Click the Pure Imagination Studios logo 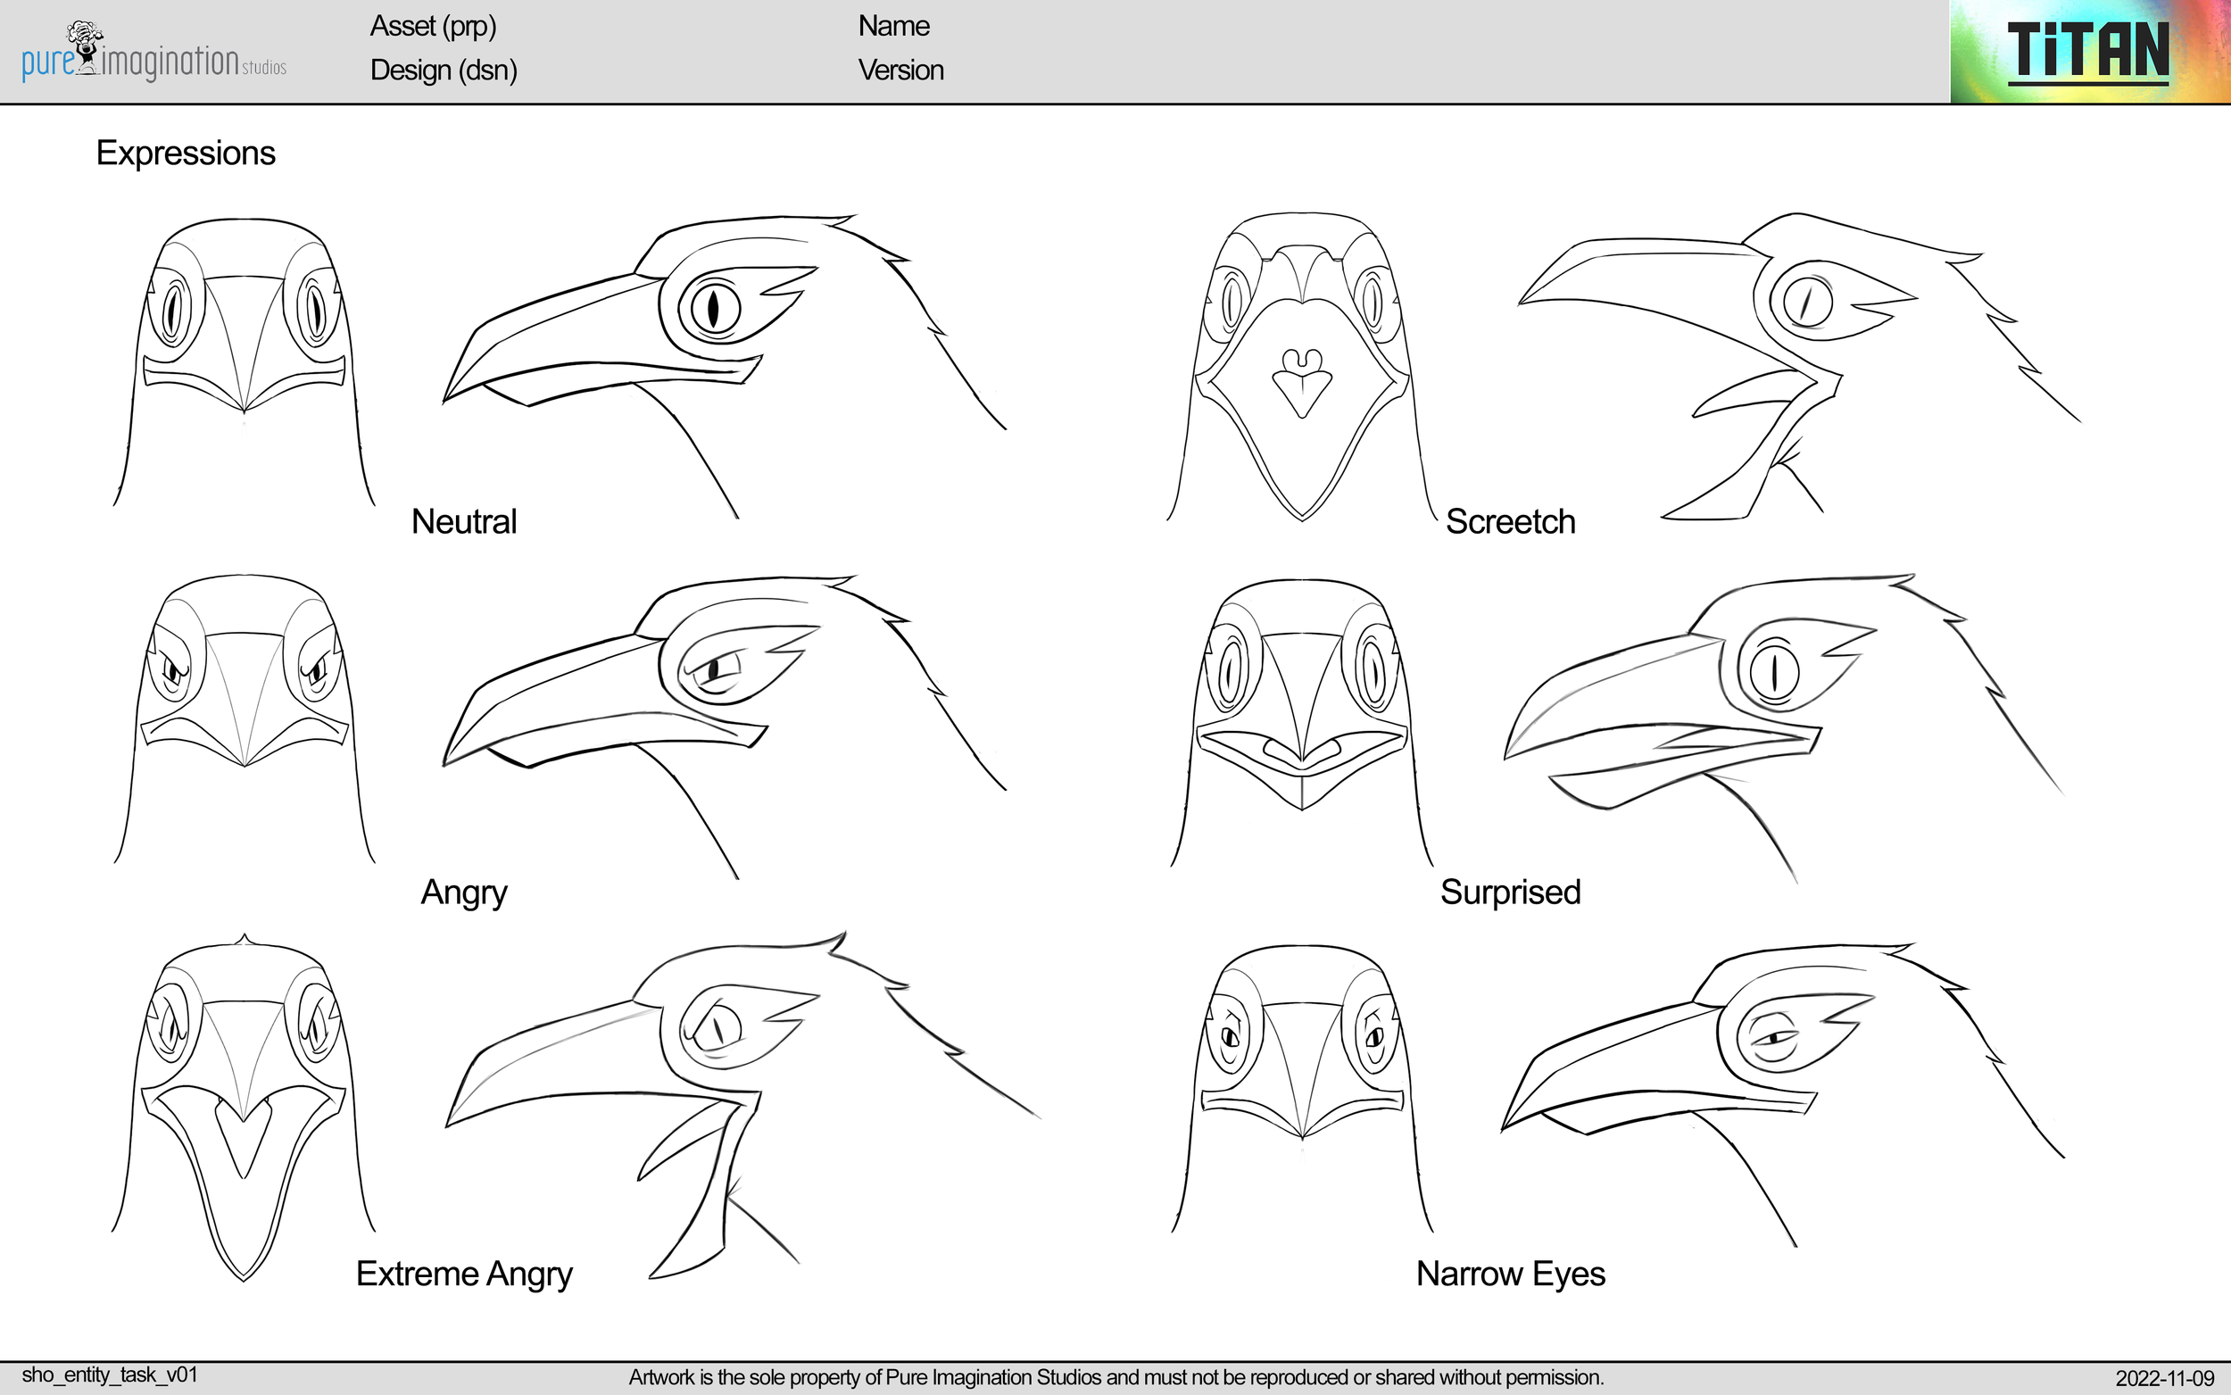153,54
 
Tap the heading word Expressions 186,154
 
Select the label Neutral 464,522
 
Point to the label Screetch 1510,522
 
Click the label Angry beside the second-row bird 464,893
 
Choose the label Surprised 1510,893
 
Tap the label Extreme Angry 464,1275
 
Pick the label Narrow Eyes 1510,1275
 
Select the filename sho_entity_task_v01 110,1374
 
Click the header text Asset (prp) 433,27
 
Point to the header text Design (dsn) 444,71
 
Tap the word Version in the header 900,71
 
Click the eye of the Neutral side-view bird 712,307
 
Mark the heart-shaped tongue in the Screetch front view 1301,383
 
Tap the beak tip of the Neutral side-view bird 446,399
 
